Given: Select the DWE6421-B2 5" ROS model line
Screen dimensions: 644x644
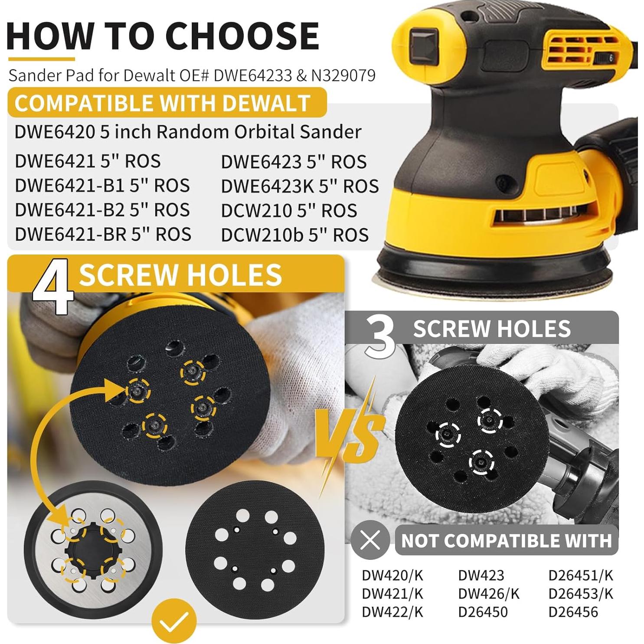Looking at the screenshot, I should click(102, 210).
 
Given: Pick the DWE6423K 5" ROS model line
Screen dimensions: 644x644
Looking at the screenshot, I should click(300, 186).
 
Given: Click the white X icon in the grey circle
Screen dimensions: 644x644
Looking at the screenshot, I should click(370, 540).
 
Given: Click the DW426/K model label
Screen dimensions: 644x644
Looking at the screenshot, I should click(488, 593).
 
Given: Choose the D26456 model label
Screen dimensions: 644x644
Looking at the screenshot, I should click(573, 612).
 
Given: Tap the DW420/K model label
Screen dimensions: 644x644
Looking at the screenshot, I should click(392, 575).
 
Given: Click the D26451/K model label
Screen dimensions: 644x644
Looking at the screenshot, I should click(581, 575).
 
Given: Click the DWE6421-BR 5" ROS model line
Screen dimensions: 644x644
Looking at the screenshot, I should click(103, 234).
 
